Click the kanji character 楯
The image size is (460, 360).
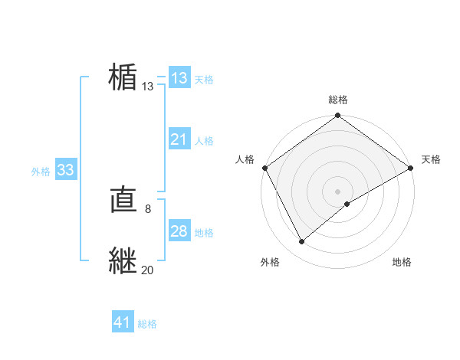pos(123,78)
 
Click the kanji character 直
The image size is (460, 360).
pos(123,201)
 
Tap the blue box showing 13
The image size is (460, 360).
pos(179,78)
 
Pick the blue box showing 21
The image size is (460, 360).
pos(179,139)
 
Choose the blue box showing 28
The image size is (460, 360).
pos(179,231)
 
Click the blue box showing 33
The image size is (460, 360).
pos(65,170)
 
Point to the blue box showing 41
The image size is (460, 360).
pos(123,322)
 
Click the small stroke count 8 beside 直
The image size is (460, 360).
pos(148,208)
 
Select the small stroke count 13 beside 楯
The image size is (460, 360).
pos(148,87)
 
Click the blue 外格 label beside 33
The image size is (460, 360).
pos(41,172)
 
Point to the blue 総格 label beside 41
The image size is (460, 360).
pos(147,324)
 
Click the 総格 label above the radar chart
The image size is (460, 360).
pos(338,100)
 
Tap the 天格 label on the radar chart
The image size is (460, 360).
pos(431,159)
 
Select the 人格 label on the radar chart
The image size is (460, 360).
pos(245,159)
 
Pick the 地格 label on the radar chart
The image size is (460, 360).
pos(402,262)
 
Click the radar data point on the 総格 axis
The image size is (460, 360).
pos(338,116)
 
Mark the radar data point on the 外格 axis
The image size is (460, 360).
pos(302,242)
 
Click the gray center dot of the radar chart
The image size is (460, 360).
pos(338,191)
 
